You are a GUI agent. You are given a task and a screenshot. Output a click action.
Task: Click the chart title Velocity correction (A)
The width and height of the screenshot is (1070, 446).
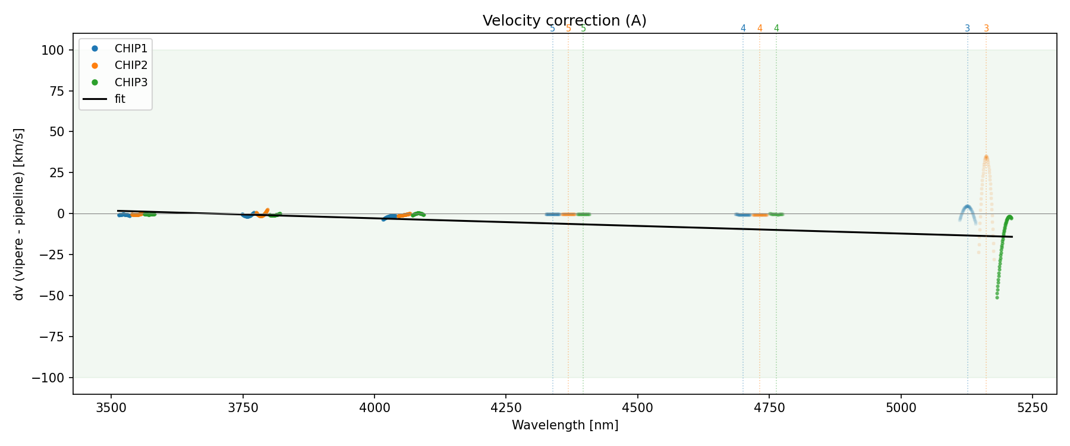coord(564,21)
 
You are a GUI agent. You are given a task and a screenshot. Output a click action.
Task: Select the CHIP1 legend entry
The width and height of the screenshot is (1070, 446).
coord(131,49)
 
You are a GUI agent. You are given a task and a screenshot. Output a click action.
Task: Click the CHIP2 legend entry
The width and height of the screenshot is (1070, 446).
coord(131,65)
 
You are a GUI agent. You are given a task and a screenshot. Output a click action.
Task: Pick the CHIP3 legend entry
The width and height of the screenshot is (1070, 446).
coord(131,82)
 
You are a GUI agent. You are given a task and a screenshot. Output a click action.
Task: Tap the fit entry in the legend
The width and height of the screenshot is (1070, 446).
coord(119,99)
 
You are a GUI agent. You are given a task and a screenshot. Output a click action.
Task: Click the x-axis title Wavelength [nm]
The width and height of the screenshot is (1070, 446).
coord(565,425)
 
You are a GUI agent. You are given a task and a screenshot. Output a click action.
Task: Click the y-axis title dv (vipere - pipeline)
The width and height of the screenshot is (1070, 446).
coord(19,214)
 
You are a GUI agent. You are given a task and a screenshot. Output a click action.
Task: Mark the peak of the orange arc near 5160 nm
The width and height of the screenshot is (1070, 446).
coord(986,157)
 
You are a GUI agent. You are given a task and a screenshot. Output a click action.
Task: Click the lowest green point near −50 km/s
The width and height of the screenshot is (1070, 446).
coord(997,297)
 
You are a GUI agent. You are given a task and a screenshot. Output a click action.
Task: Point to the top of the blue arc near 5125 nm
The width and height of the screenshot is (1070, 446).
coord(967,206)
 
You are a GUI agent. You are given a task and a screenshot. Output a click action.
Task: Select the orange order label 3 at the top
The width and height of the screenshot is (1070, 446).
coord(986,29)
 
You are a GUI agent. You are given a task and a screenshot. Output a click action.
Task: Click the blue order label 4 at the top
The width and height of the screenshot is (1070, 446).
coord(743,29)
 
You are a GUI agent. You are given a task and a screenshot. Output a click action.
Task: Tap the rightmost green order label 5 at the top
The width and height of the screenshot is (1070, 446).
coord(583,29)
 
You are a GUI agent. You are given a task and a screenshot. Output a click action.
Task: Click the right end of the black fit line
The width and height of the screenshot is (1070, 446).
coord(1012,237)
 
